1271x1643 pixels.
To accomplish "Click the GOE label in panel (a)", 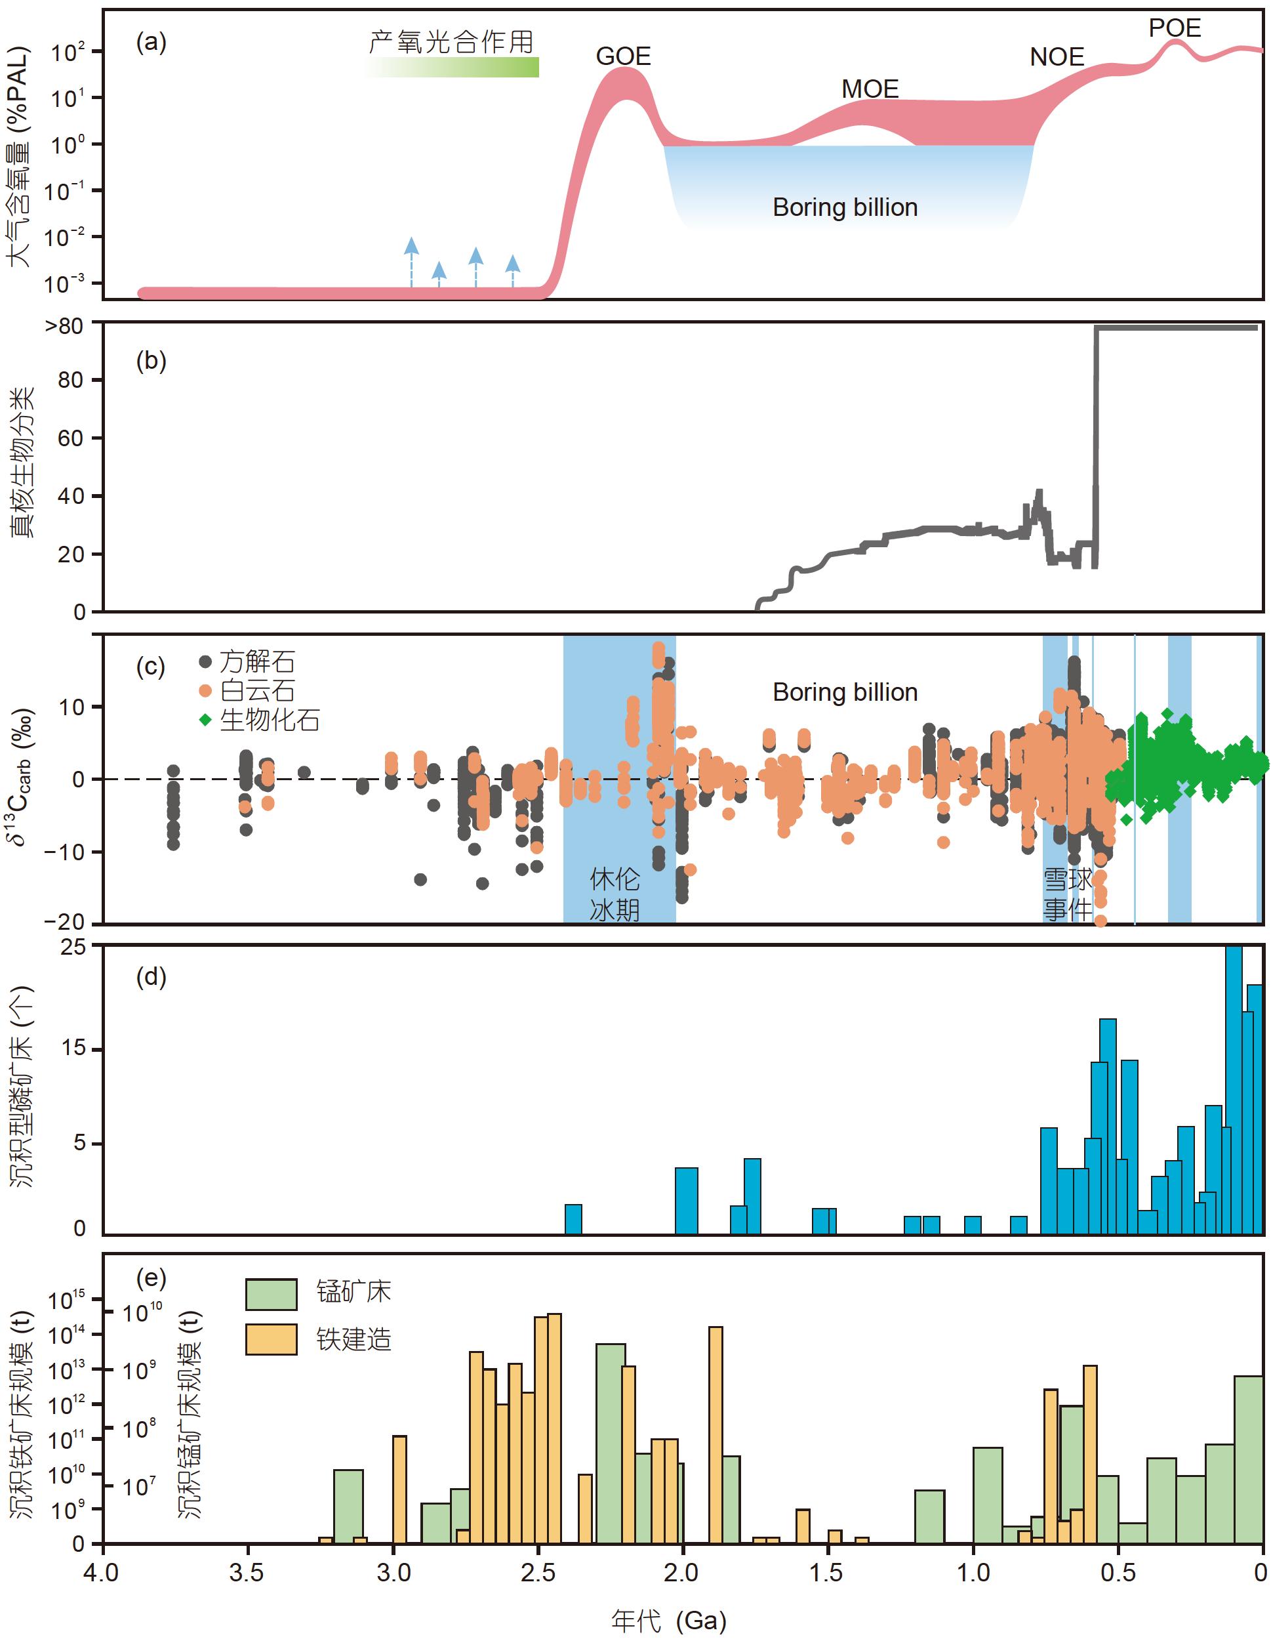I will pos(623,56).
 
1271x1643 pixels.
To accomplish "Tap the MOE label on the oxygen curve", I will pos(870,89).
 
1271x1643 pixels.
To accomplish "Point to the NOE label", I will pos(1056,57).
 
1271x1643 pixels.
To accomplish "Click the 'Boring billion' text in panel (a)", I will pos(845,207).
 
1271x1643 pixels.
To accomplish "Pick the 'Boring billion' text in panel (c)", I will pos(845,692).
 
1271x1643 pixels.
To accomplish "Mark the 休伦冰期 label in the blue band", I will pos(615,894).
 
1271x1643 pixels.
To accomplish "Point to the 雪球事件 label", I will pos(1066,894).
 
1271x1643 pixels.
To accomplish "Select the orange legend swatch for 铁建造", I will pos(271,1339).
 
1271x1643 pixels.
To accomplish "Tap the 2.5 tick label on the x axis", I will pos(538,1572).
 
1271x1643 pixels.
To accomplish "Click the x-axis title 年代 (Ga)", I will pos(668,1621).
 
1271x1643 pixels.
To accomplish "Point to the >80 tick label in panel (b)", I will pos(65,327).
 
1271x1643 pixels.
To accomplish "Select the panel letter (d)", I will pos(150,976).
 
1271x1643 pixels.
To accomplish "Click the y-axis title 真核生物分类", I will pos(22,463).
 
